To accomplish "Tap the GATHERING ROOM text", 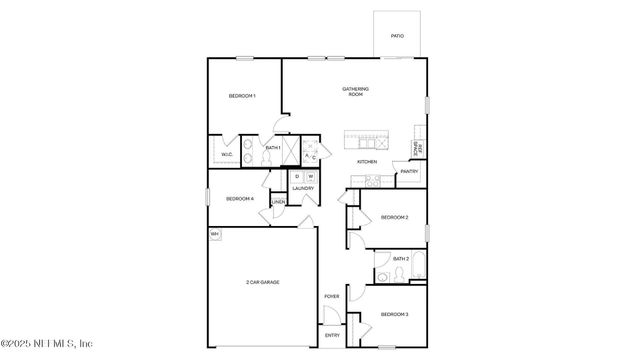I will [x=356, y=92].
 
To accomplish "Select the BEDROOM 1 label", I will [x=242, y=96].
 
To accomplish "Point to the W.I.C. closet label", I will [x=227, y=154].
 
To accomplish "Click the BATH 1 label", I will [x=272, y=148].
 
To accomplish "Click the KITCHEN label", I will [x=367, y=162].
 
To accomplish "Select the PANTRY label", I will [x=409, y=171].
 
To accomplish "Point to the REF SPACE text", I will [x=418, y=149].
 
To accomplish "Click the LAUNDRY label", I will [x=303, y=189].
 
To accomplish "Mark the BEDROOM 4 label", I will [x=240, y=199].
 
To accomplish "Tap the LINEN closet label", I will [x=278, y=203].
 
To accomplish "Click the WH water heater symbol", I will [x=214, y=234].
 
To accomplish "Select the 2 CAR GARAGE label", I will [x=262, y=283].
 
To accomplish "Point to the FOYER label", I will [x=332, y=297].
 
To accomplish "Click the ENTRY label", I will [x=332, y=335].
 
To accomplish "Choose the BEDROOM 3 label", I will [x=394, y=315].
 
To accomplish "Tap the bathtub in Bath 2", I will [x=416, y=268].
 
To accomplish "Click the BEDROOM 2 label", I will [x=394, y=217].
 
